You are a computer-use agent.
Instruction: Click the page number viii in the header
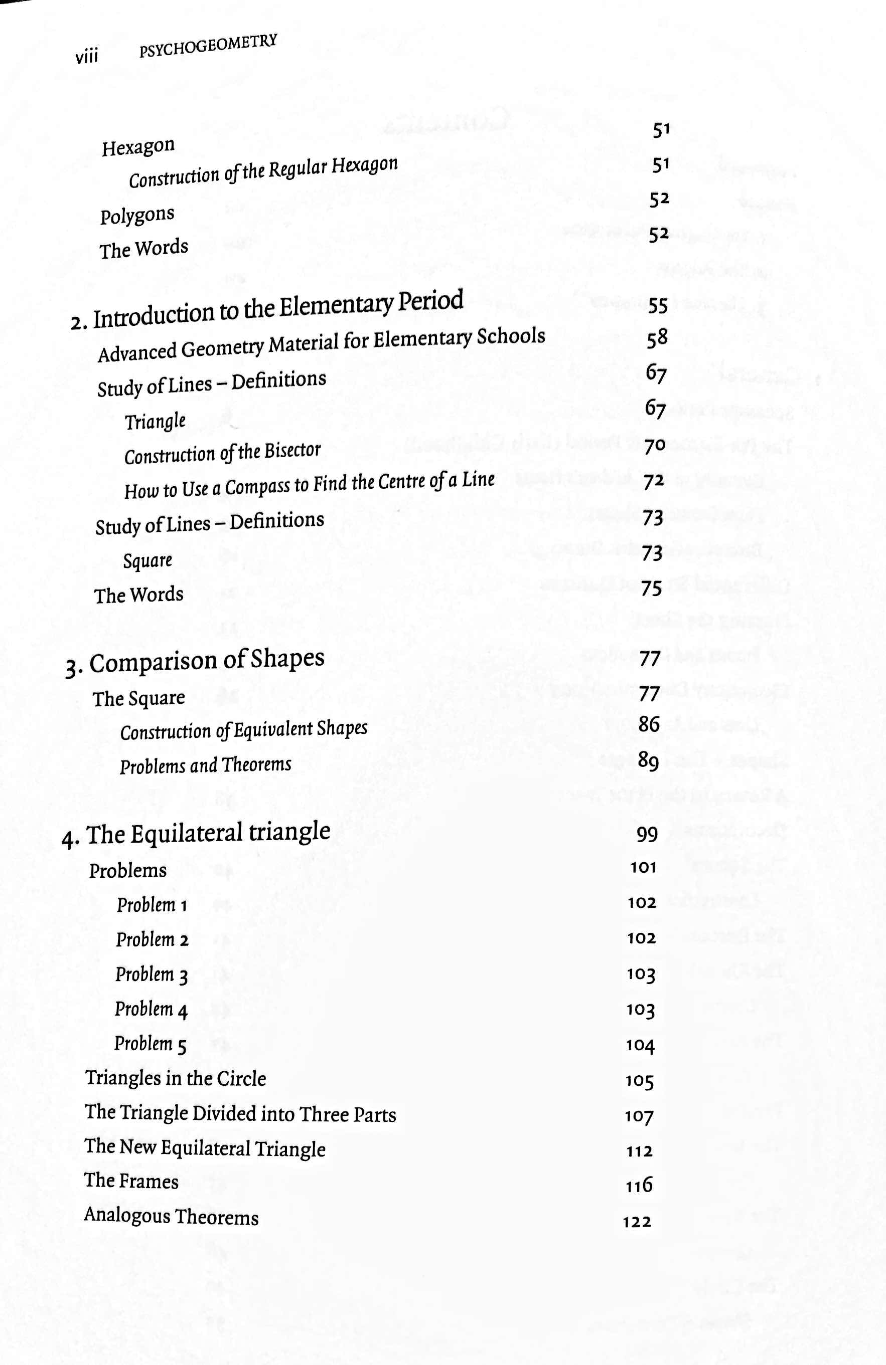click(x=87, y=56)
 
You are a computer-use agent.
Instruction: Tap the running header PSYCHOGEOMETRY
click(x=208, y=46)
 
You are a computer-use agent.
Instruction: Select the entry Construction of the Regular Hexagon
click(x=263, y=172)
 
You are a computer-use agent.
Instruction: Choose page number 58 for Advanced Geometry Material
click(x=657, y=338)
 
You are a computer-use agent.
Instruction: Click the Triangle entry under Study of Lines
click(x=155, y=422)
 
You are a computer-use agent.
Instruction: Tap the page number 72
click(x=654, y=482)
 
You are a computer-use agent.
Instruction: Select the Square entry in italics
click(x=147, y=560)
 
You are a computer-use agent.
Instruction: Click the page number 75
click(x=651, y=589)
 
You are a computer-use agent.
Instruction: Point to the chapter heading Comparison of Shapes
click(x=207, y=661)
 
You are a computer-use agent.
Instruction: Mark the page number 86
click(x=649, y=724)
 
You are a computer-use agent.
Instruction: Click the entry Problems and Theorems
click(x=205, y=765)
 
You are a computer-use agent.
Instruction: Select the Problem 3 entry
click(x=152, y=974)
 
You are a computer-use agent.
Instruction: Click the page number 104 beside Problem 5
click(x=640, y=1046)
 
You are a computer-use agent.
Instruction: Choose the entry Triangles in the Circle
click(x=176, y=1078)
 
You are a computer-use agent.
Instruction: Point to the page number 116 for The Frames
click(x=639, y=1185)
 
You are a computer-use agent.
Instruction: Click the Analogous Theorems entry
click(x=171, y=1217)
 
